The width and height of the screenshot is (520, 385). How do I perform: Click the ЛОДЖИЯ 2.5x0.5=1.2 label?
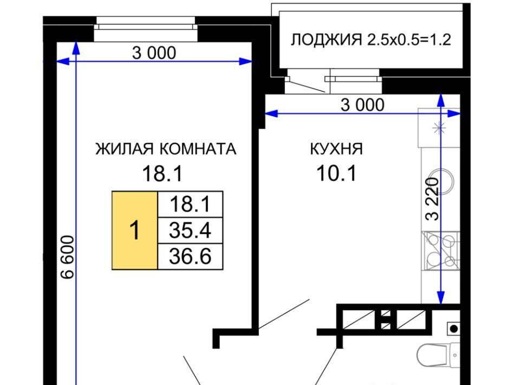370,40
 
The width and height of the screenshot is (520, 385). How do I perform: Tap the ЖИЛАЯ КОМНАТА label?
166,149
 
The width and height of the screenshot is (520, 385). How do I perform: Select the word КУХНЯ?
336,149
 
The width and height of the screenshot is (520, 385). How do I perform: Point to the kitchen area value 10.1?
336,174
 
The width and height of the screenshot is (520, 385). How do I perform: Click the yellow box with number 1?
135,230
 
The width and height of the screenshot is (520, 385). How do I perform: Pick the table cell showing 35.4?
190,230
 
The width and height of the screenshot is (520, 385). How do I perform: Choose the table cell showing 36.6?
190,256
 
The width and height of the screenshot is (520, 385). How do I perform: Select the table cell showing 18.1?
190,204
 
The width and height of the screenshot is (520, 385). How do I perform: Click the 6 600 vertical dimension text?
68,257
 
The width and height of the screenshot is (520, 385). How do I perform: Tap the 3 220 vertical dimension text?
432,199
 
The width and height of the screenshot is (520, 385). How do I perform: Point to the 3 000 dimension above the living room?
154,53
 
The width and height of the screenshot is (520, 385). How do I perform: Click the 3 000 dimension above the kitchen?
362,105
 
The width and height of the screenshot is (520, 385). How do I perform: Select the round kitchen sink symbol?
441,182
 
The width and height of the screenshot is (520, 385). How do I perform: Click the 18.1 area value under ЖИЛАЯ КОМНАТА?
162,174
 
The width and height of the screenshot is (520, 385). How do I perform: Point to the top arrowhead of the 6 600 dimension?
76,48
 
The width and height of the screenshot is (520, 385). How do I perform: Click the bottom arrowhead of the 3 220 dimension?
440,298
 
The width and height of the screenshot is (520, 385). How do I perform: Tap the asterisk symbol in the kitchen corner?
438,128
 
